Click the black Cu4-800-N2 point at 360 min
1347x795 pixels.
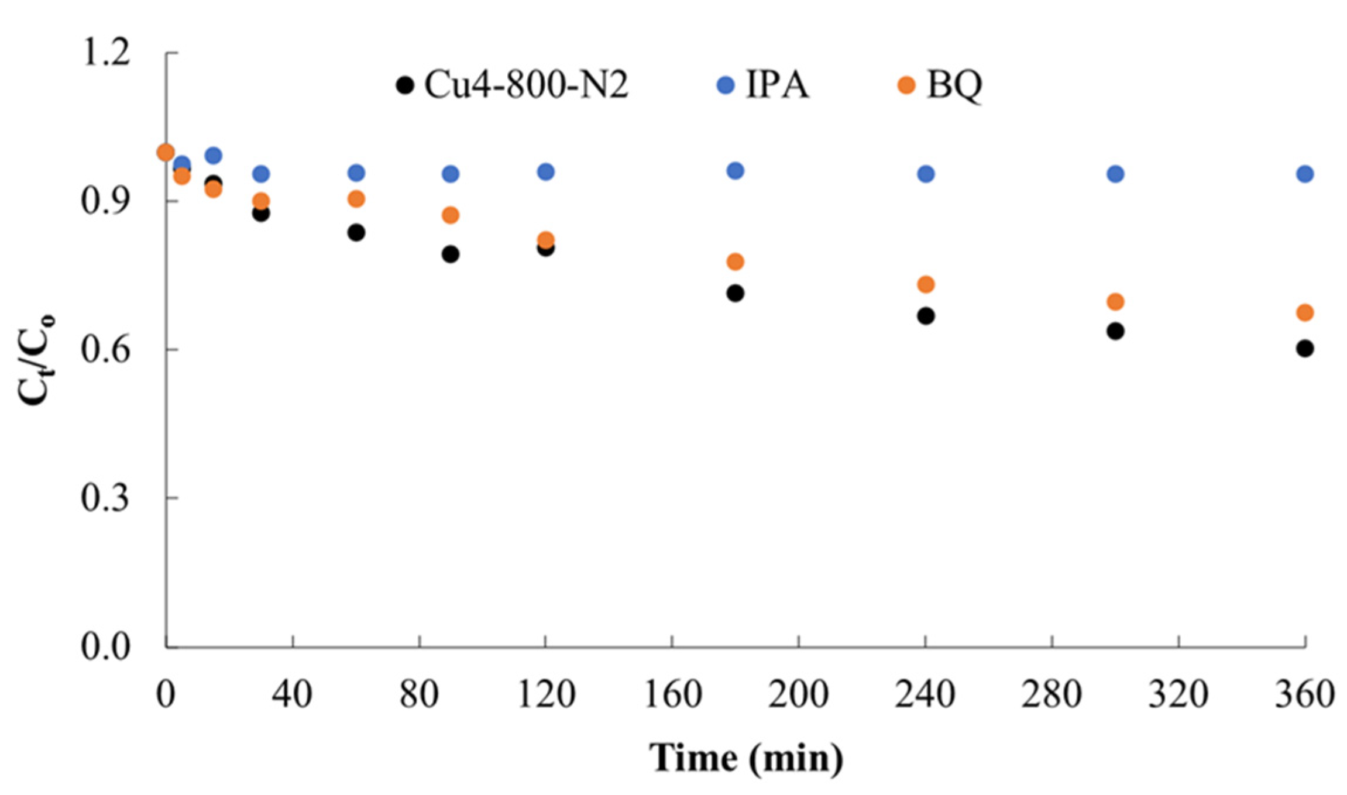click(x=1304, y=349)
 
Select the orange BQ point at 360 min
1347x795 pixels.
click(x=1304, y=313)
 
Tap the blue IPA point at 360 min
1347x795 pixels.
click(x=1304, y=174)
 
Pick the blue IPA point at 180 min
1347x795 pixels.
click(x=735, y=171)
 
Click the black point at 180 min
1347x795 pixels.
click(x=735, y=293)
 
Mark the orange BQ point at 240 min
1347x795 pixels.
click(x=925, y=284)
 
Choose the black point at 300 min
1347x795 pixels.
click(x=1115, y=331)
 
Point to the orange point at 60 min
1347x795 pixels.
click(x=356, y=199)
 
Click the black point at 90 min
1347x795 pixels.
click(x=450, y=254)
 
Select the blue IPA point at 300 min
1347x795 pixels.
click(x=1115, y=174)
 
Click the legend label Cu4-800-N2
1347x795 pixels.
click(x=525, y=85)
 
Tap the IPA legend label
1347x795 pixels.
click(x=777, y=85)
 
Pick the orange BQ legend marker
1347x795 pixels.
click(x=906, y=85)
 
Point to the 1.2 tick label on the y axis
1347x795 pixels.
click(x=105, y=53)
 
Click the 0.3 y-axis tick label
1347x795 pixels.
click(x=105, y=498)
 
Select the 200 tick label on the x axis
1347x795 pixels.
click(x=798, y=695)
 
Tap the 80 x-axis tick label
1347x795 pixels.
click(x=420, y=695)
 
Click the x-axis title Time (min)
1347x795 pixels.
click(x=746, y=758)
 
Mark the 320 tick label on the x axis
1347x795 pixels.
click(x=1178, y=695)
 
